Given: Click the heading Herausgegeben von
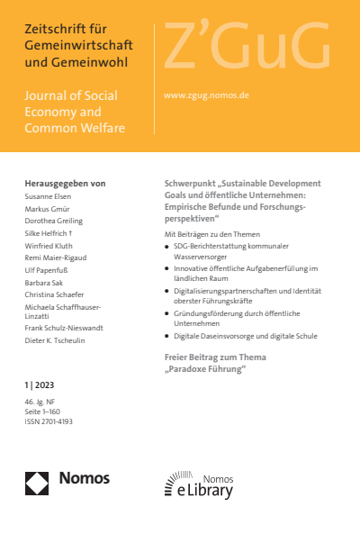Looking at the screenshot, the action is pyautogui.click(x=65, y=183).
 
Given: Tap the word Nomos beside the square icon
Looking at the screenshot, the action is pyautogui.click(x=84, y=478).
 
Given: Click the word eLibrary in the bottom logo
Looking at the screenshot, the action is pyautogui.click(x=209, y=490).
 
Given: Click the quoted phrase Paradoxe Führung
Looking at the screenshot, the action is pyautogui.click(x=207, y=369).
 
